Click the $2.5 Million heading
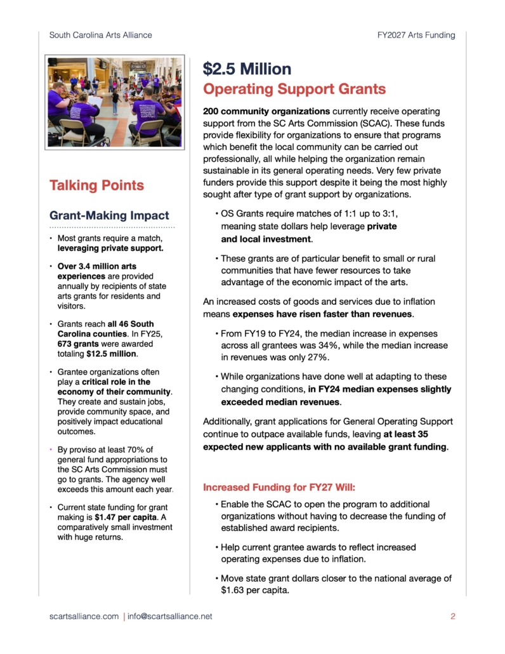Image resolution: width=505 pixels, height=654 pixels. [247, 69]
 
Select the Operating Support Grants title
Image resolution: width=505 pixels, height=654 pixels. [294, 89]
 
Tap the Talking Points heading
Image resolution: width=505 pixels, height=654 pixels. [96, 185]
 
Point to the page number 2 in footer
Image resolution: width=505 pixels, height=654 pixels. [453, 616]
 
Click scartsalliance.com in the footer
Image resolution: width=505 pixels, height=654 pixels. [84, 616]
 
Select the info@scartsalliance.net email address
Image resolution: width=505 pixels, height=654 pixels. [171, 616]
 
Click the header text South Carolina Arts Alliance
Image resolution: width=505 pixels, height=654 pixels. [100, 35]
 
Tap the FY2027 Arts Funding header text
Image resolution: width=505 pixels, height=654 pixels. [412, 35]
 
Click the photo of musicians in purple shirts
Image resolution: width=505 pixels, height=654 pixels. [114, 102]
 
